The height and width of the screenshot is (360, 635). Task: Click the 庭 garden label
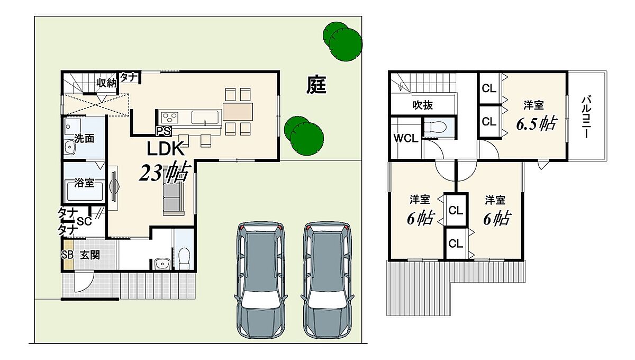pyautogui.click(x=316, y=85)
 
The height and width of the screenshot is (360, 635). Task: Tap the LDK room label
pyautogui.click(x=165, y=149)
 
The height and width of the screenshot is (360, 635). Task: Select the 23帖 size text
pyautogui.click(x=164, y=172)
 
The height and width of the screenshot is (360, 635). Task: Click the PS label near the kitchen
pyautogui.click(x=164, y=131)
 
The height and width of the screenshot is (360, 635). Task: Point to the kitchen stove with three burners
pyautogui.click(x=169, y=117)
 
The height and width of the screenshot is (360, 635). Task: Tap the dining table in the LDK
pyautogui.click(x=238, y=112)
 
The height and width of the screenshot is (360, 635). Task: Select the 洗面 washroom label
pyautogui.click(x=84, y=138)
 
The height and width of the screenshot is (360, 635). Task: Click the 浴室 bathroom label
pyautogui.click(x=84, y=183)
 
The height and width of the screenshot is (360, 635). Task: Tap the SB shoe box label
pyautogui.click(x=68, y=255)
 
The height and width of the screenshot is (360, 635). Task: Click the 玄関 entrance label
pyautogui.click(x=90, y=255)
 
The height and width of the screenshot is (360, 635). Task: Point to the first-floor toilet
pyautogui.click(x=184, y=258)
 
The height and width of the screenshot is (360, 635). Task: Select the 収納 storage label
pyautogui.click(x=106, y=83)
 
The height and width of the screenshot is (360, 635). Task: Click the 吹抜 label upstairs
pyautogui.click(x=422, y=105)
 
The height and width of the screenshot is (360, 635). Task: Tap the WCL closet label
pyautogui.click(x=406, y=138)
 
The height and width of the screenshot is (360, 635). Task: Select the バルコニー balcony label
pyautogui.click(x=586, y=117)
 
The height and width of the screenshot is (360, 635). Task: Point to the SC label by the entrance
pyautogui.click(x=84, y=221)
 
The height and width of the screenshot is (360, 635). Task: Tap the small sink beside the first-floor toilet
pyautogui.click(x=162, y=264)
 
